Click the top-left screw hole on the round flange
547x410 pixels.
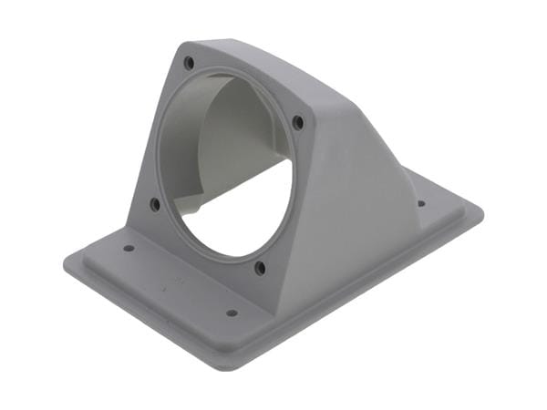(189, 63)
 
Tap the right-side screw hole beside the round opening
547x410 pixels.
(298, 121)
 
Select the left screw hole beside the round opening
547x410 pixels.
(155, 204)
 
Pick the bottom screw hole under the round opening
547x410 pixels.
(260, 268)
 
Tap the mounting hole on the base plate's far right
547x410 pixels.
(421, 203)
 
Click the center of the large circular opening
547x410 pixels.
(228, 164)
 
